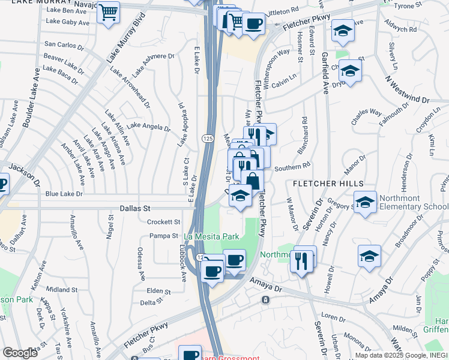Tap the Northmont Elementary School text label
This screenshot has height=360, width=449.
[x=414, y=205]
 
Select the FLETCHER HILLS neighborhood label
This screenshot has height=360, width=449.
[x=328, y=182]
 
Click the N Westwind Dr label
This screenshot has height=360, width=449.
[x=408, y=89]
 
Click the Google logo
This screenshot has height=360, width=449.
[x=20, y=353]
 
